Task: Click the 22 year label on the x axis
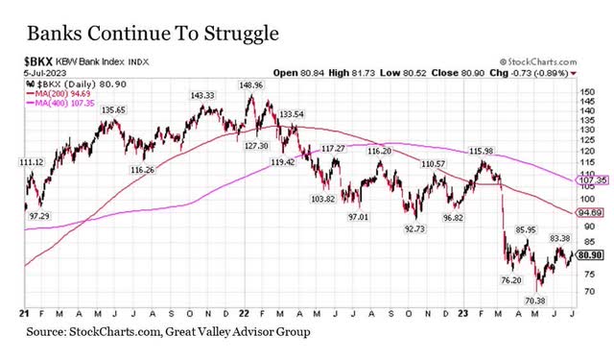point(245,314)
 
